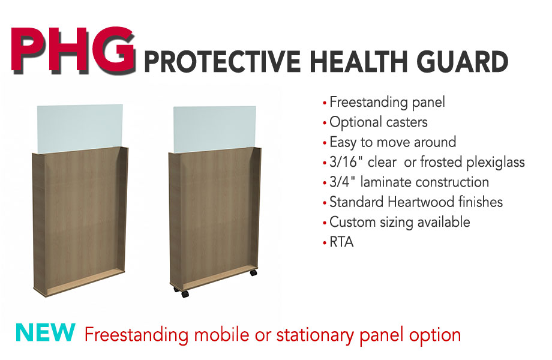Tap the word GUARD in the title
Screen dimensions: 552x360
[463, 62]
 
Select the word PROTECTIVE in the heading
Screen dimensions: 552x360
[223, 62]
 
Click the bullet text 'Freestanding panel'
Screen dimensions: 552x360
[387, 103]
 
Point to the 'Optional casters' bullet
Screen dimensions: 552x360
[379, 122]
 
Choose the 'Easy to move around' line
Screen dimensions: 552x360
[393, 143]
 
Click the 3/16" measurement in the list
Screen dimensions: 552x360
[346, 162]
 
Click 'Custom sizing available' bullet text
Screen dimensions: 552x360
[400, 223]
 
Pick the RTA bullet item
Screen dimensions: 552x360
[341, 242]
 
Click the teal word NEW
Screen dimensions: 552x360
[46, 332]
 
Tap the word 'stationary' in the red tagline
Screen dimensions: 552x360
[315, 335]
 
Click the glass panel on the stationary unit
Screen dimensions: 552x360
[80, 128]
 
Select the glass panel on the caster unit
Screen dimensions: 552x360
[215, 129]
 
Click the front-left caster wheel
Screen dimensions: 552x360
[184, 294]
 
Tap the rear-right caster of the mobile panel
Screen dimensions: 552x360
[253, 272]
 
